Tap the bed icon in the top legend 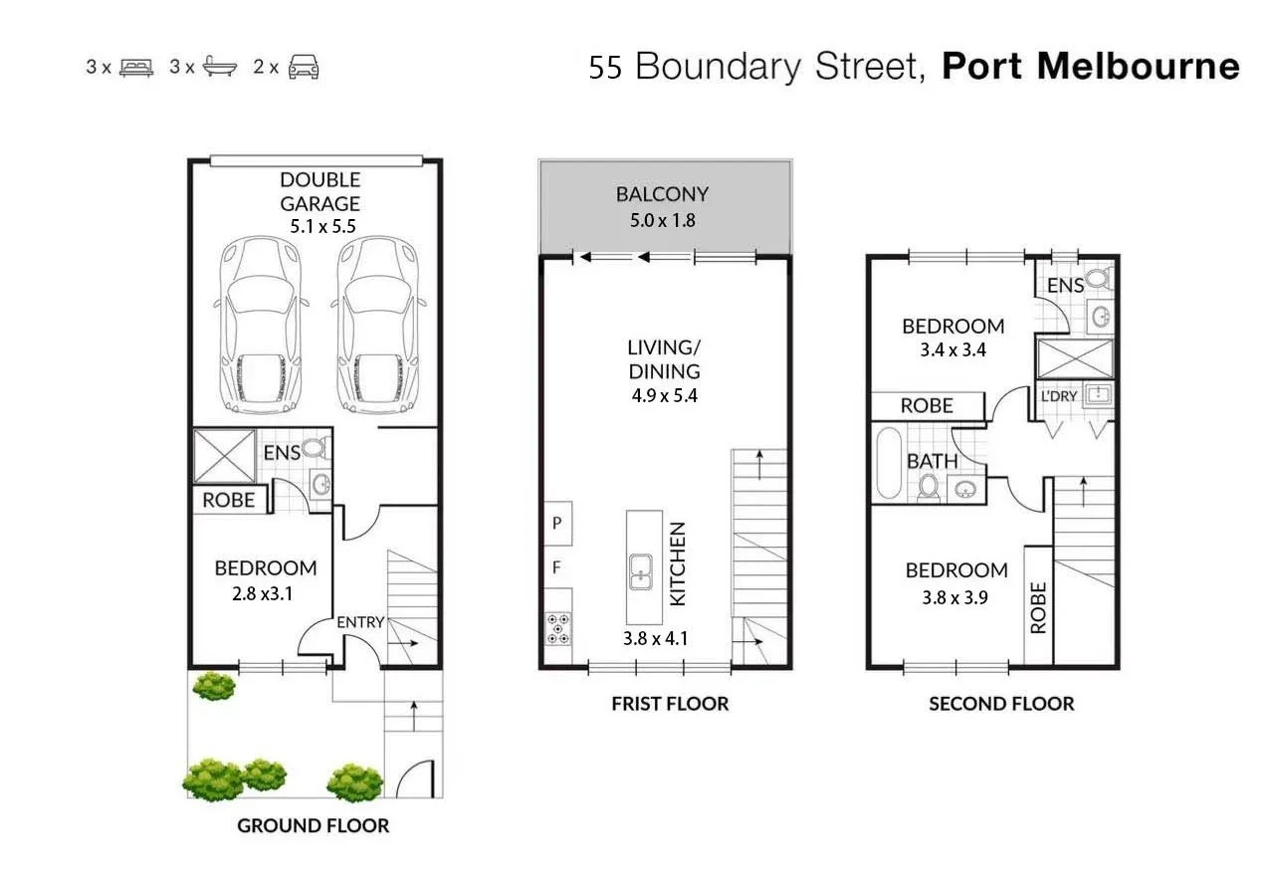(136, 68)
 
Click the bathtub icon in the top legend (220, 68)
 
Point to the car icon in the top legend (303, 68)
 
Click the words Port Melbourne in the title (1090, 67)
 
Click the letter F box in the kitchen (557, 569)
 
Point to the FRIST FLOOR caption (670, 704)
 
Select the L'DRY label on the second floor (1059, 395)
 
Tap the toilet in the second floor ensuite (1099, 279)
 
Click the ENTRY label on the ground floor (360, 622)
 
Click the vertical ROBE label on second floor (1038, 607)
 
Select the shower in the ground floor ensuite (223, 457)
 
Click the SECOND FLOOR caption (1001, 704)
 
